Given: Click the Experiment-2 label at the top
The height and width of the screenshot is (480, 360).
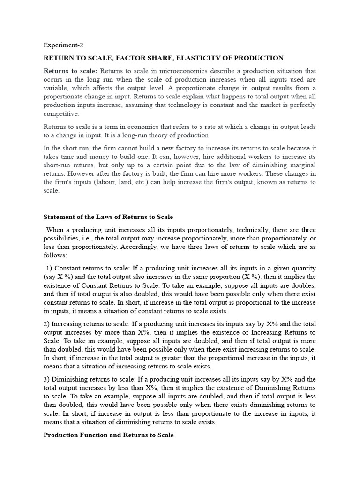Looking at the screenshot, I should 63,45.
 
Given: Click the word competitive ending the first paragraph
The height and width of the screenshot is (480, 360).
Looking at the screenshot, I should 61,113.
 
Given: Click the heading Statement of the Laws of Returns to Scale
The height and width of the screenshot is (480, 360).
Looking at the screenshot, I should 108,217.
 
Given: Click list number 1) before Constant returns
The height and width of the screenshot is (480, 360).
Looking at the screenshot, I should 49,268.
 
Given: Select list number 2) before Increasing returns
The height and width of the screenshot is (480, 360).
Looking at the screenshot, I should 47,324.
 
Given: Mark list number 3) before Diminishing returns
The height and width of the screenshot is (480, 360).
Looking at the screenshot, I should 47,379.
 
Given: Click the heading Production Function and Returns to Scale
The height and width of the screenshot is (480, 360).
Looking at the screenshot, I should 108,435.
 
